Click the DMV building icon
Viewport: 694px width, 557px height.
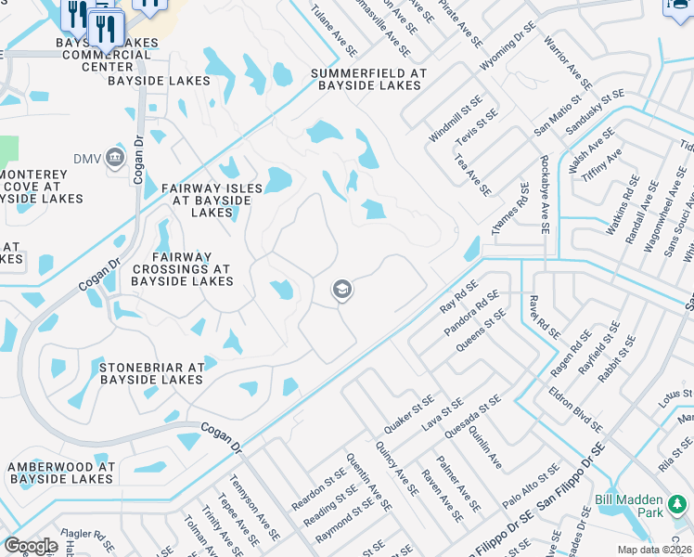[x=114, y=156]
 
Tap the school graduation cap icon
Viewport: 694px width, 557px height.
[x=341, y=291]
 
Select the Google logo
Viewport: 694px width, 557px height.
[x=31, y=546]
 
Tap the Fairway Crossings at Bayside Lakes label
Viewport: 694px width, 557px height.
[x=182, y=268]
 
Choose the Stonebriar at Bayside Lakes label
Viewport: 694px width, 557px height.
[x=151, y=373]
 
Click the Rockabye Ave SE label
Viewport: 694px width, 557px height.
[x=546, y=194]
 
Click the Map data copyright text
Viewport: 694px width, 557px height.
[x=653, y=550]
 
